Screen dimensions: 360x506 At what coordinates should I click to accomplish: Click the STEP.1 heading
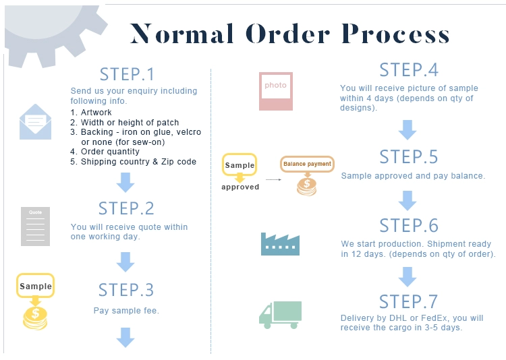[x=127, y=73]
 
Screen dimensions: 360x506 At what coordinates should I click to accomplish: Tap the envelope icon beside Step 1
[x=35, y=122]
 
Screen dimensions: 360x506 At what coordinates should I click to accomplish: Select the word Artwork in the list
[x=96, y=113]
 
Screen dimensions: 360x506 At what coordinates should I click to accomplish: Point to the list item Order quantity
[x=110, y=152]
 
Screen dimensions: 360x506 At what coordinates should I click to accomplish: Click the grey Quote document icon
[x=35, y=227]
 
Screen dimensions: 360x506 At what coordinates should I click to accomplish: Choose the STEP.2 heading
[x=126, y=208]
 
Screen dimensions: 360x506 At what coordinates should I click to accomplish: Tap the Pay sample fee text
[x=126, y=311]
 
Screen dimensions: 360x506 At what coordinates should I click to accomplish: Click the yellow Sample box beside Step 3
[x=35, y=287]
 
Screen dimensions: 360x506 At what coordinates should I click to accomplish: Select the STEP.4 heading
[x=409, y=70]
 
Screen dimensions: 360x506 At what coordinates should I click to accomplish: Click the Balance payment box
[x=307, y=164]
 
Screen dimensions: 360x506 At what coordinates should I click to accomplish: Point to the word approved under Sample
[x=240, y=187]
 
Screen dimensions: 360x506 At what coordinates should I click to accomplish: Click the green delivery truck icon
[x=280, y=315]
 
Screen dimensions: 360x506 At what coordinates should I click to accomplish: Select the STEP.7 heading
[x=409, y=301]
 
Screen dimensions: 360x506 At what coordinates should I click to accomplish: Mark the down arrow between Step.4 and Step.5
[x=407, y=129]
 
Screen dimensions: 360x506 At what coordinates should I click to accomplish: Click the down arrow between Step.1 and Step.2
[x=126, y=182]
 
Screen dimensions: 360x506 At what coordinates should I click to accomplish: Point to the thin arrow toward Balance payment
[x=272, y=180]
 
